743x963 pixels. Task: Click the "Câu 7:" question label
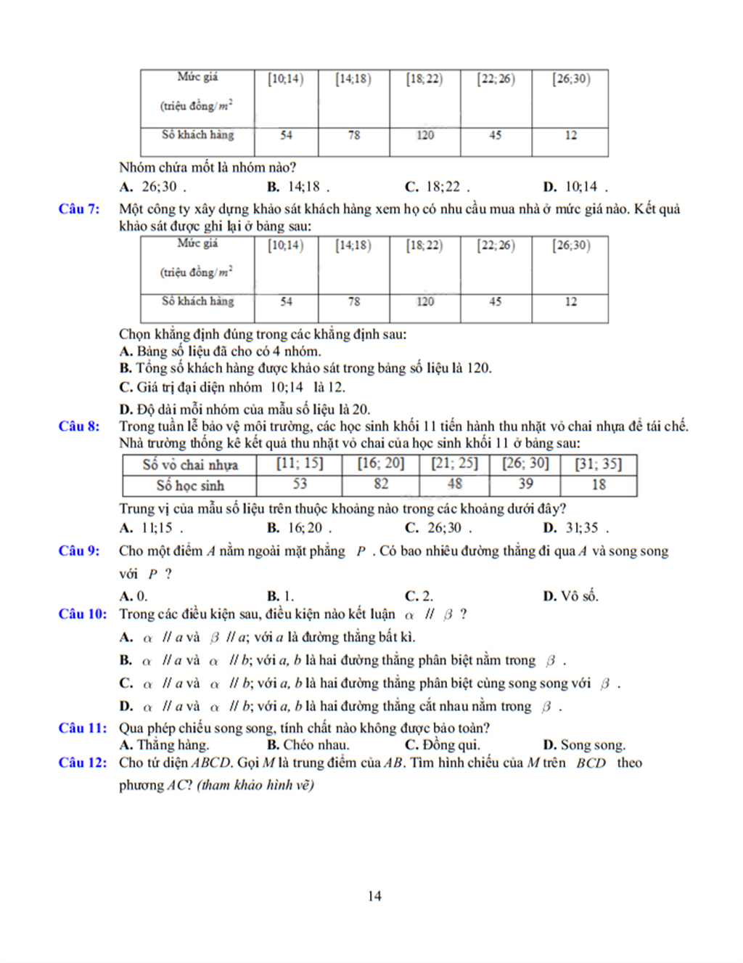tap(79, 209)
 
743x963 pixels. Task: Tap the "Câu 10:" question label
tap(82, 614)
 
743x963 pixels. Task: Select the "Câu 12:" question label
tap(82, 763)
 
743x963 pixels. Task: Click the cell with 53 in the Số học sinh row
tap(300, 484)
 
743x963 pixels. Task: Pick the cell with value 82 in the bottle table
tap(381, 484)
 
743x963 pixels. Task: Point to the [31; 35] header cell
tap(599, 464)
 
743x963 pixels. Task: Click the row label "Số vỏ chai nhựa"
tap(190, 465)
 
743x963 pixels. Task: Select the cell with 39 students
tap(526, 484)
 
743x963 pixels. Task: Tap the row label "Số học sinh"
tap(190, 485)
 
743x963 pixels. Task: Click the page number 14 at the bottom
tap(374, 896)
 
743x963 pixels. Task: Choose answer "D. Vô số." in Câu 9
tap(570, 596)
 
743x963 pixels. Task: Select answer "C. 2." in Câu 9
tap(419, 596)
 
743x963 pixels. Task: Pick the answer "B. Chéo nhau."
tap(308, 745)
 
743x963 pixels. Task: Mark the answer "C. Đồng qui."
tap(442, 745)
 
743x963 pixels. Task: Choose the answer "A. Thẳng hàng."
tap(164, 745)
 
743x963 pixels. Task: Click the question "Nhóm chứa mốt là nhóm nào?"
tap(208, 168)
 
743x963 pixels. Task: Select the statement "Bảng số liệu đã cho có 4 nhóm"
tap(220, 352)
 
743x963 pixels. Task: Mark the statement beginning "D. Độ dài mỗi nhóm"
tap(245, 410)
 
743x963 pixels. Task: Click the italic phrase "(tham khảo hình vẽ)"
tap(255, 785)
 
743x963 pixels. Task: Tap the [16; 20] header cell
tap(381, 464)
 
